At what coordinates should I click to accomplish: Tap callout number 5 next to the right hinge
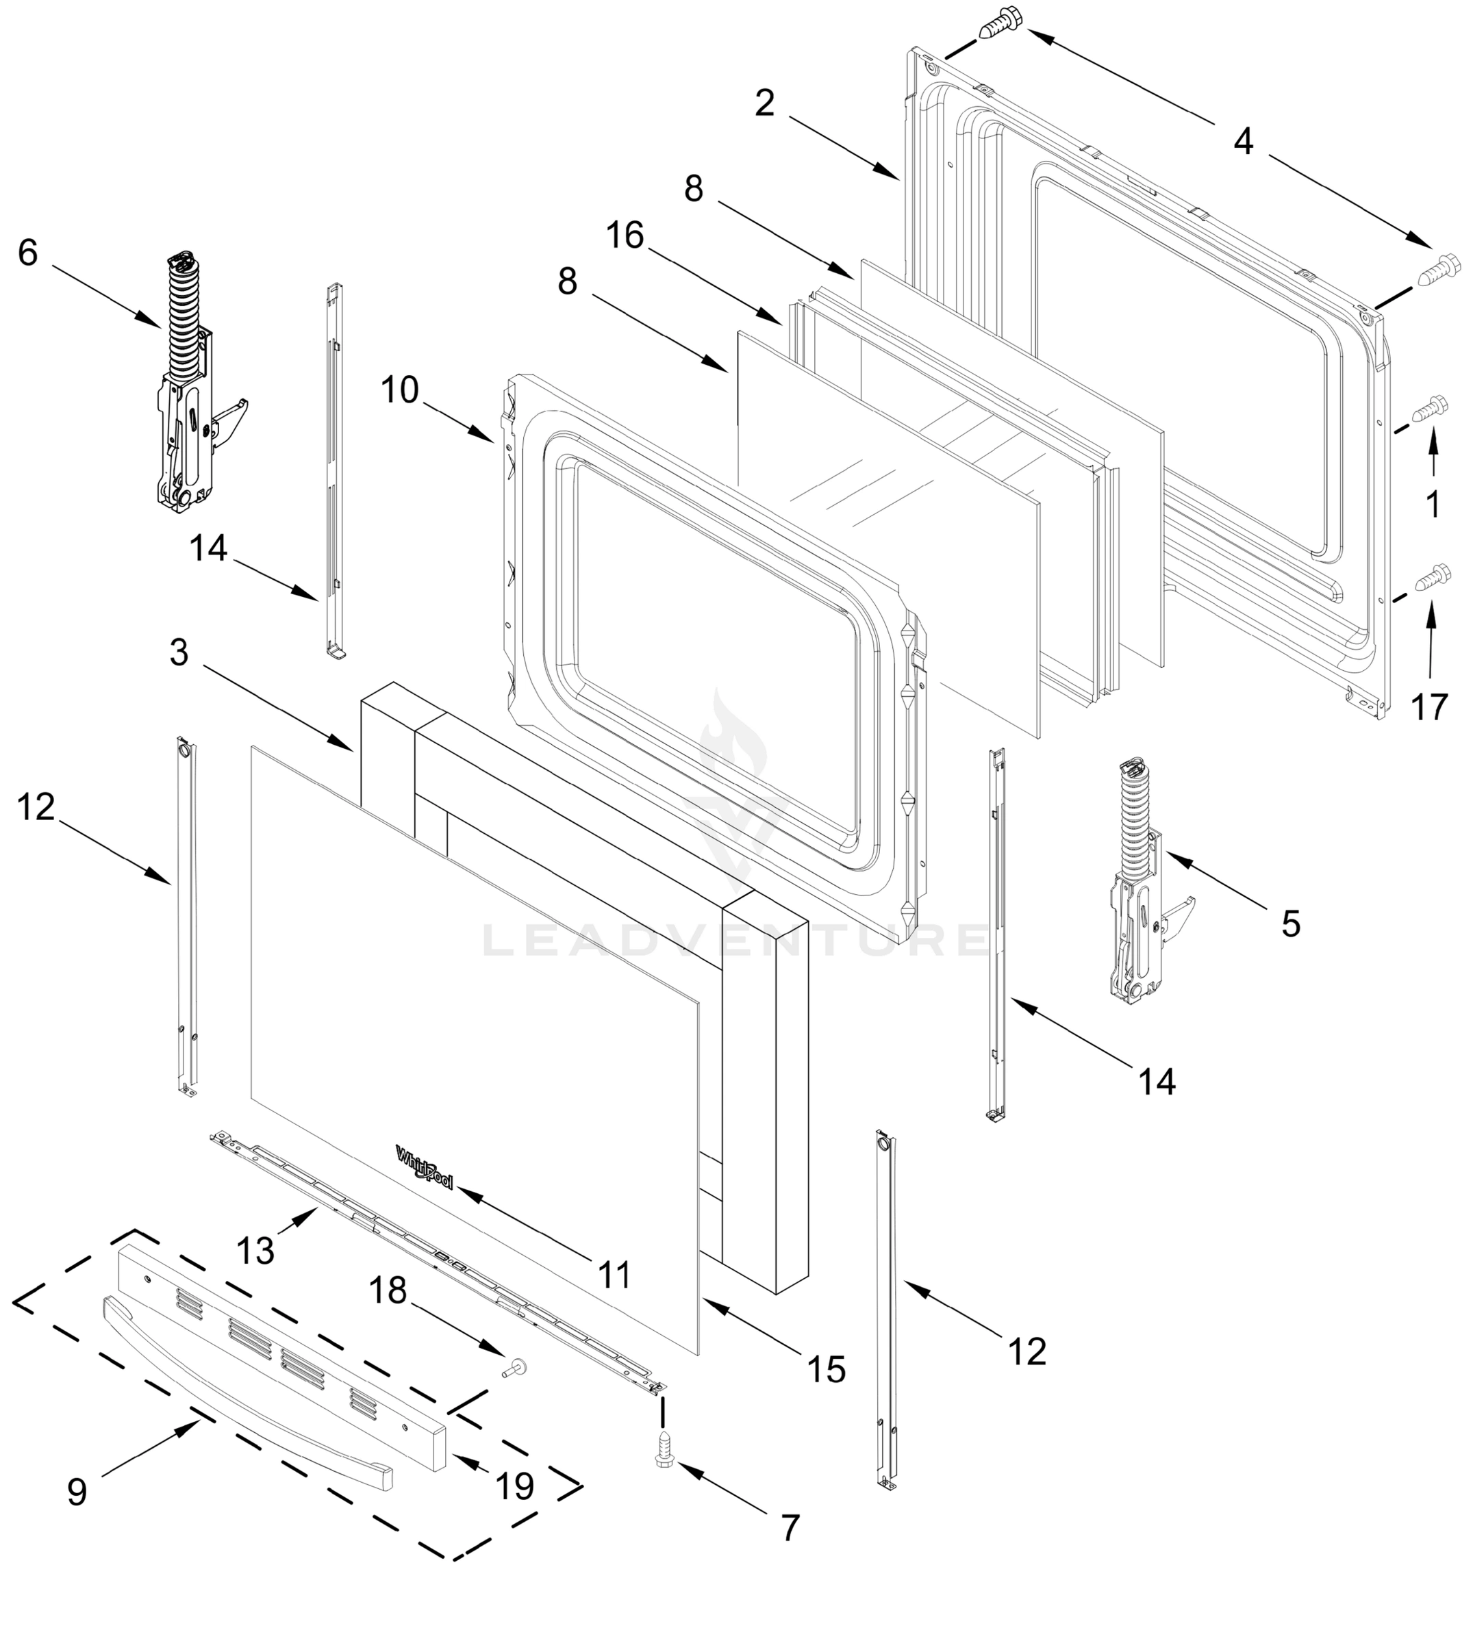coord(1290,923)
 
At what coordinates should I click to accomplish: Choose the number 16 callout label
coord(625,235)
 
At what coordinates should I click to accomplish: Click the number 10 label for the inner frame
coord(399,390)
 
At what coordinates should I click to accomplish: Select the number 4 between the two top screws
coord(1243,142)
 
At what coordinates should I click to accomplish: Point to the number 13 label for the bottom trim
coord(255,1251)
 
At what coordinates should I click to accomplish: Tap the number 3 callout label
coord(179,652)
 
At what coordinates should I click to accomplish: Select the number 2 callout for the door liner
coord(764,103)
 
